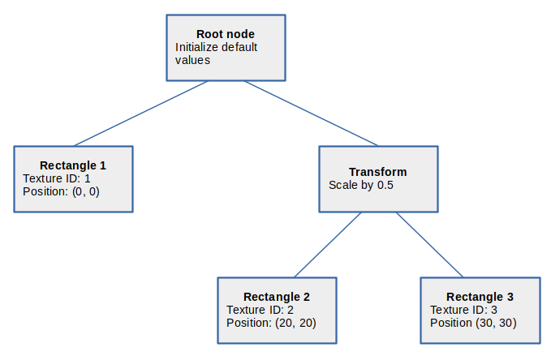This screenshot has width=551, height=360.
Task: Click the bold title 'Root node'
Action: (226, 34)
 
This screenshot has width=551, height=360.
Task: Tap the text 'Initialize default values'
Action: (216, 54)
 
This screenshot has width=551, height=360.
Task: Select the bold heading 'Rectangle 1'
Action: (73, 165)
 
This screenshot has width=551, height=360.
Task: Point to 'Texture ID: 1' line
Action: (57, 178)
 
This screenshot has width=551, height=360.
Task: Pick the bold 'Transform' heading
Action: (378, 172)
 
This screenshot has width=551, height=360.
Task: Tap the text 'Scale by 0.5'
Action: (361, 185)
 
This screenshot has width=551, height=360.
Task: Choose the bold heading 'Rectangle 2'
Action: (277, 297)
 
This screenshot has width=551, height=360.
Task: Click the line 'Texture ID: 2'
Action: (260, 310)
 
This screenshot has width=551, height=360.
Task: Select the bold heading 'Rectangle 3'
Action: (480, 297)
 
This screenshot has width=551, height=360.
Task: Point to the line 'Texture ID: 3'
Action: (463, 310)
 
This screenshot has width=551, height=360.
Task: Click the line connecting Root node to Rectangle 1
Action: (141, 113)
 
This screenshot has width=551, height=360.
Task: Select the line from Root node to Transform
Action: (311, 113)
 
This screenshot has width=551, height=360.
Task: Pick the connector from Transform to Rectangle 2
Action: (328, 244)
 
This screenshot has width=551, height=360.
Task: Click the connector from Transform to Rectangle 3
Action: (430, 244)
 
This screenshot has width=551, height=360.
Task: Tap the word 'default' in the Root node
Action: (239, 47)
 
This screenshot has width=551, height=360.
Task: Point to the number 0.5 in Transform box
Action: (385, 185)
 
